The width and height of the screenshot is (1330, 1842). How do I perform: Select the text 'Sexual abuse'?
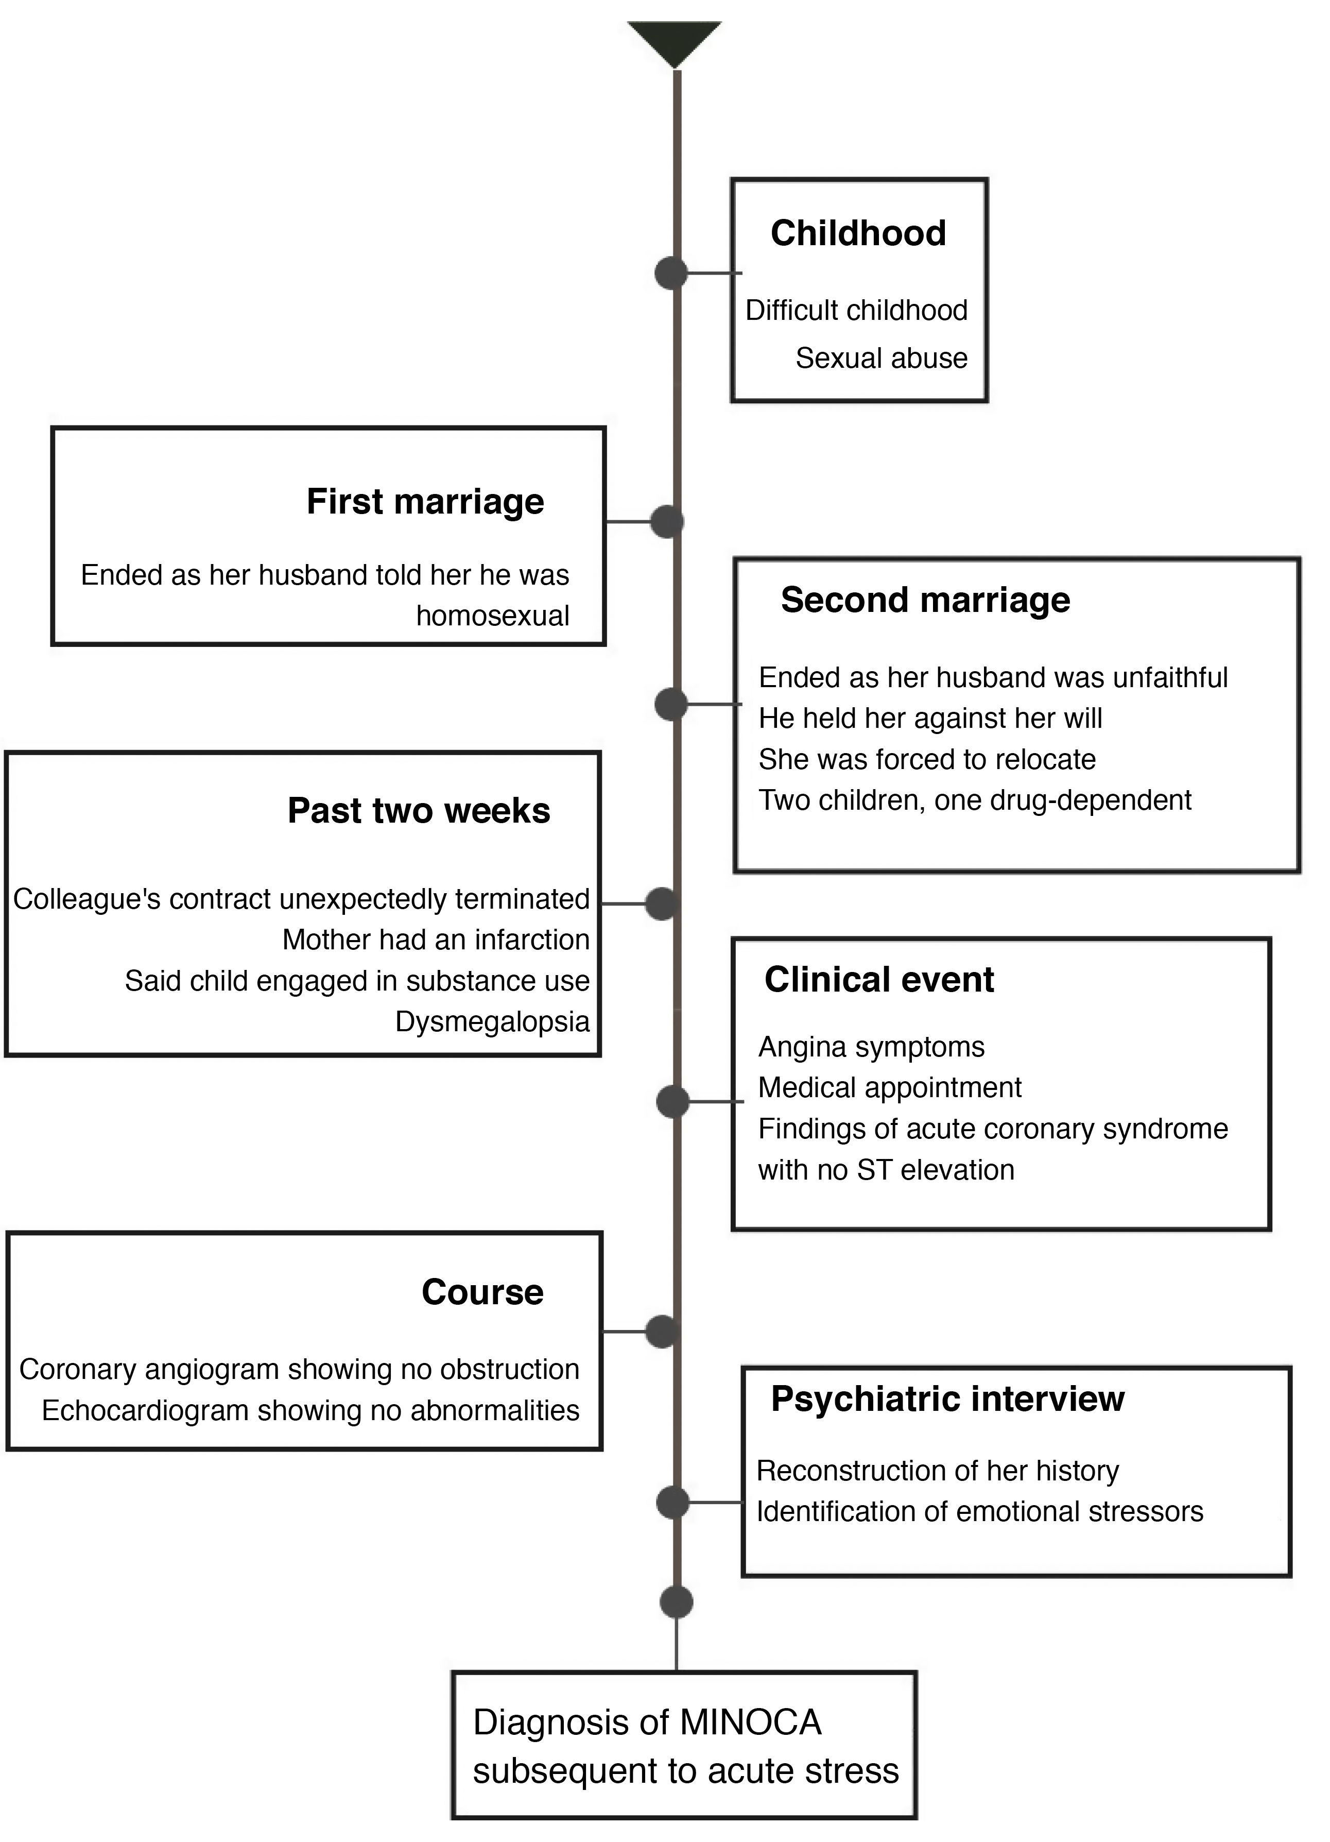[x=881, y=358]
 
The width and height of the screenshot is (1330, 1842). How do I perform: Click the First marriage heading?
[x=425, y=502]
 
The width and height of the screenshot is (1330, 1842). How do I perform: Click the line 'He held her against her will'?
[x=930, y=718]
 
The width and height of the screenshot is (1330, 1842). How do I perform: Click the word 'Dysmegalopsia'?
[x=492, y=1022]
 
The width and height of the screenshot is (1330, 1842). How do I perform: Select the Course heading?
[x=482, y=1292]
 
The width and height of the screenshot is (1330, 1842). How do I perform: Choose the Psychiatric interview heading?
[x=947, y=1398]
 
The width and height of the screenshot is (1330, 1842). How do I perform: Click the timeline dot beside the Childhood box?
[x=671, y=273]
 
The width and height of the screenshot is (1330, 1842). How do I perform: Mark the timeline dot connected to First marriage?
[x=667, y=521]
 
